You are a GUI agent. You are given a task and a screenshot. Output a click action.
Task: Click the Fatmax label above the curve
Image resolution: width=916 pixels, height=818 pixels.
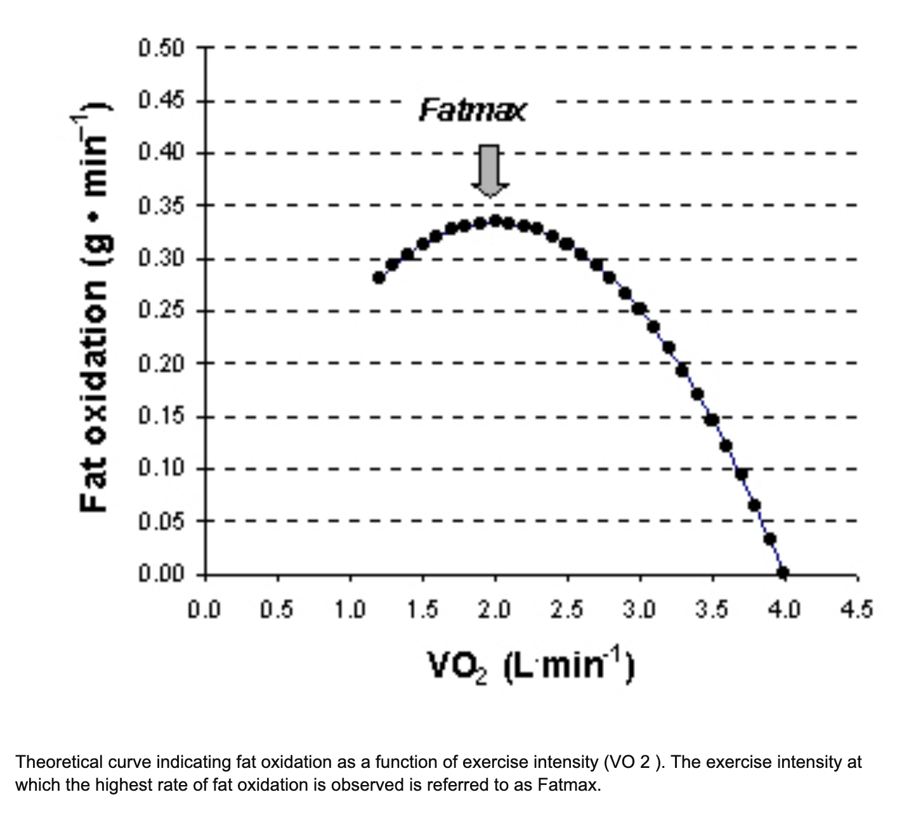click(x=473, y=112)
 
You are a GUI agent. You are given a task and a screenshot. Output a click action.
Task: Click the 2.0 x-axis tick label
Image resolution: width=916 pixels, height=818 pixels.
click(x=494, y=609)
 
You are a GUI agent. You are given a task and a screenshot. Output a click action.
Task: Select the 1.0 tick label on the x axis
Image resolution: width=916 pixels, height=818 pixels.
click(x=350, y=609)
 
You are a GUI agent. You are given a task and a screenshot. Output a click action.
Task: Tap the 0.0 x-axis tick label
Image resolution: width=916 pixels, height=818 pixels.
click(x=204, y=609)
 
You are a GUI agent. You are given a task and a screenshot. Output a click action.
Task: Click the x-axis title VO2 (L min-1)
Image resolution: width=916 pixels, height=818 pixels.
click(x=530, y=666)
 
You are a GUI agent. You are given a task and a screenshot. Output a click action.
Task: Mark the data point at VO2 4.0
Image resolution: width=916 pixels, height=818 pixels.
click(x=783, y=573)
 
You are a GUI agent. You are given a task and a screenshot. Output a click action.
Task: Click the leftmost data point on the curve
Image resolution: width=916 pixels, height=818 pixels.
click(x=379, y=278)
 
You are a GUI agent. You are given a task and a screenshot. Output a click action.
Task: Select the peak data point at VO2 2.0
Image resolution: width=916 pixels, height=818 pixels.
click(x=495, y=221)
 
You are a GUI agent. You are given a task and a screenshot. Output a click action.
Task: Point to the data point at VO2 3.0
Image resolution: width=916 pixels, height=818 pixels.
click(x=639, y=309)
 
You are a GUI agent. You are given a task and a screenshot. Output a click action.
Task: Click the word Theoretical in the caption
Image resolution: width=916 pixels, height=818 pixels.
click(x=56, y=762)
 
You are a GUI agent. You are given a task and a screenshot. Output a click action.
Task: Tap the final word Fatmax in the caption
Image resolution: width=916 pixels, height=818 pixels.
click(x=568, y=785)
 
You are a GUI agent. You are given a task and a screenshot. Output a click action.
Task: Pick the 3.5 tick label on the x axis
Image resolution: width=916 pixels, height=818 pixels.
click(x=711, y=609)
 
